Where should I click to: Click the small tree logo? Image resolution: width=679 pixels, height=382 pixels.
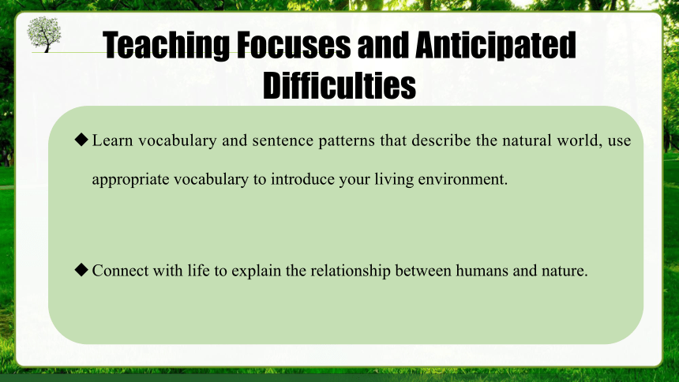tap(43, 34)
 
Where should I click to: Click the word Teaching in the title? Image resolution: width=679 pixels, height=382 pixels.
tap(167, 45)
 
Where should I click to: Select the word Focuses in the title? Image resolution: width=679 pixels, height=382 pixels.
tap(294, 45)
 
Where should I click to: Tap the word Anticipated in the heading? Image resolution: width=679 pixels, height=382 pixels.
tap(495, 45)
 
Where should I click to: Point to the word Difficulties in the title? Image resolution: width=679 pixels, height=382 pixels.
tap(339, 85)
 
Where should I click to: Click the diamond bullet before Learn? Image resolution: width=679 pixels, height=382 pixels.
tap(81, 140)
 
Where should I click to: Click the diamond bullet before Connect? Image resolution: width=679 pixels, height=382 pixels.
tap(81, 269)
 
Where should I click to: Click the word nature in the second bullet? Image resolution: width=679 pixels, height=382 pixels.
tap(565, 272)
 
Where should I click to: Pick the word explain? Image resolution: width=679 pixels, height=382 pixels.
tap(257, 272)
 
